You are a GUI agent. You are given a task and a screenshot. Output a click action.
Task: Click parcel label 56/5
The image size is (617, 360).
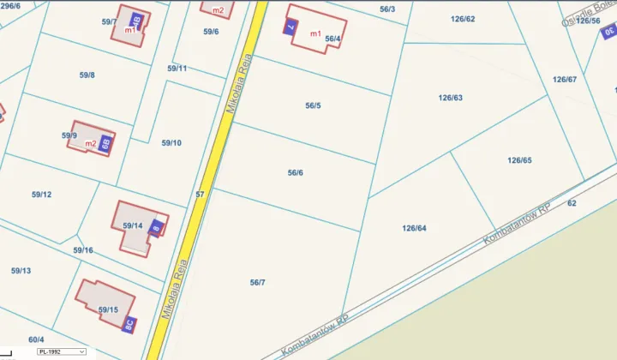coord(313,106)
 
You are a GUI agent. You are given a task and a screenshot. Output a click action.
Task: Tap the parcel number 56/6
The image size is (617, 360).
coord(296,173)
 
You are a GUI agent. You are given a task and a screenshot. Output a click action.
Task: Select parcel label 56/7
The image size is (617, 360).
coord(258,283)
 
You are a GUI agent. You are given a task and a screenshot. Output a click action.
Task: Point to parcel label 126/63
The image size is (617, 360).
coord(450,98)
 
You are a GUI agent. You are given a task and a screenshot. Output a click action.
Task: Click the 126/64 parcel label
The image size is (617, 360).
coord(414,228)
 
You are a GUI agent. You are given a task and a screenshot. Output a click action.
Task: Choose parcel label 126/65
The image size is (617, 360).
coord(519,160)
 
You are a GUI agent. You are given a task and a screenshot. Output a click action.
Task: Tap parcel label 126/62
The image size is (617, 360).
coord(463,18)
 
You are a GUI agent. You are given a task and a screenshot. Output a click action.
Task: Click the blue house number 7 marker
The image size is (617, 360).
coord(290,27)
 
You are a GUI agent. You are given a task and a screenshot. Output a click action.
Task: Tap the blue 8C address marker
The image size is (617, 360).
coord(129,325)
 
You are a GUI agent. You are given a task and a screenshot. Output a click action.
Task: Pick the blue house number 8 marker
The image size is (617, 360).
coord(156,228)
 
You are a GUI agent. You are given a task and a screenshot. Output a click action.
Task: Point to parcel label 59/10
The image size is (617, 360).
coord(171,142)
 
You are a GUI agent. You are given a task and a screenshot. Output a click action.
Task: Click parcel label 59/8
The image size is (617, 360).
coord(87,75)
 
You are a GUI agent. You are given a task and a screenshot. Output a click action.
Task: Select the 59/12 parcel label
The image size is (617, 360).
coord(41,195)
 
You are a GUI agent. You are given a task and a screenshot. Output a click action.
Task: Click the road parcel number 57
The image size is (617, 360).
coord(200,195)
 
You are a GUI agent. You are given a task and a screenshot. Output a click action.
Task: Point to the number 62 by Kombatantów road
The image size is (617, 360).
coord(572,203)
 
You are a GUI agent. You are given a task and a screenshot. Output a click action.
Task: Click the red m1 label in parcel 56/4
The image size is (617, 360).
coord(314,33)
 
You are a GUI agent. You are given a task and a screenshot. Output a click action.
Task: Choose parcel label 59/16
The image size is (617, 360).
coord(83,250)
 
